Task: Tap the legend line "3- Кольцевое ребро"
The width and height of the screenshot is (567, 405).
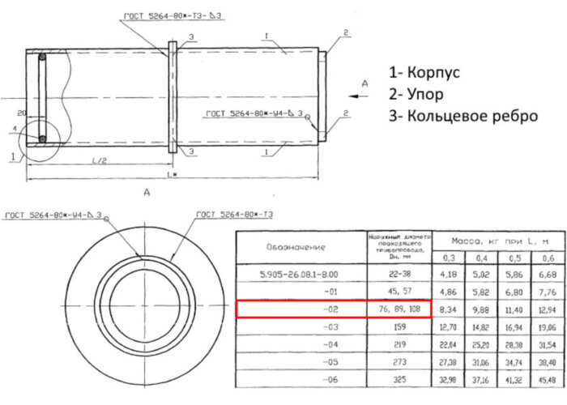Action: tap(463, 115)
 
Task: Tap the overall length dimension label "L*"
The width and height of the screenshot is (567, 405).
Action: tap(170, 176)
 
